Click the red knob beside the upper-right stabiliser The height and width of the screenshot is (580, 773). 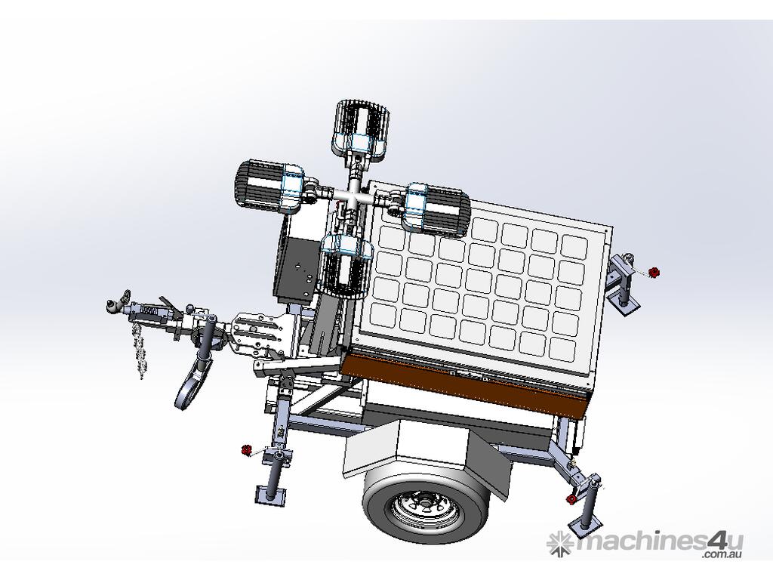(x=653, y=272)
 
